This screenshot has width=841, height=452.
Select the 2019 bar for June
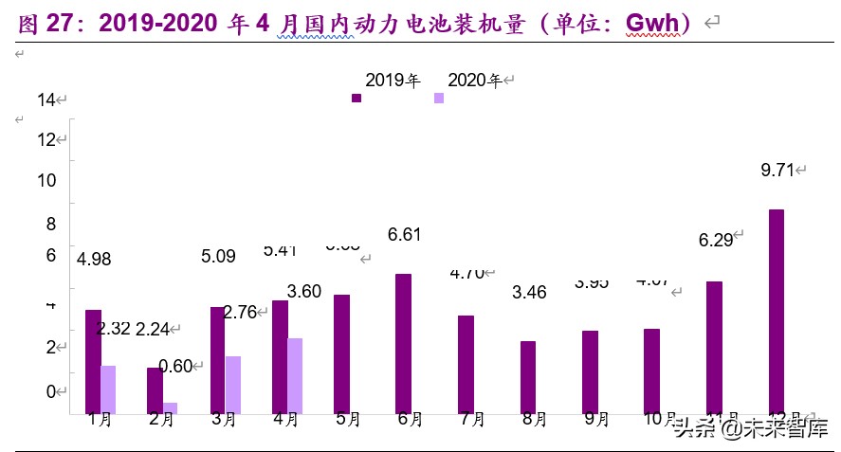(403, 343)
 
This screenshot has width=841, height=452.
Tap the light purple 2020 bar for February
(170, 407)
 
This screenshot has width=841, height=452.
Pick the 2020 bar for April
(294, 375)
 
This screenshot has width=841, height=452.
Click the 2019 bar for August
(528, 376)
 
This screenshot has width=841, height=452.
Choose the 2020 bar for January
(108, 389)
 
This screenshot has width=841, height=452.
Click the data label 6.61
(404, 235)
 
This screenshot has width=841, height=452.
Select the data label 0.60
(176, 366)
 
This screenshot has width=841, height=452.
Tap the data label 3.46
(529, 292)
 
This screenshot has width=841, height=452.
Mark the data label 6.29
(716, 240)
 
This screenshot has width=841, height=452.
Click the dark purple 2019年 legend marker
(357, 98)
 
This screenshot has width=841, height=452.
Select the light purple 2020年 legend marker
(439, 98)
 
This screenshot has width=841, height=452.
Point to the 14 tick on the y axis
(47, 99)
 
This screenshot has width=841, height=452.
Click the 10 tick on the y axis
(47, 181)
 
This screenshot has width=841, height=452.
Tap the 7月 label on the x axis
(472, 420)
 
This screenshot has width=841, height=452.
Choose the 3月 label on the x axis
(224, 420)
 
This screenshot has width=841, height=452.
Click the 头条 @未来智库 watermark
(749, 428)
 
